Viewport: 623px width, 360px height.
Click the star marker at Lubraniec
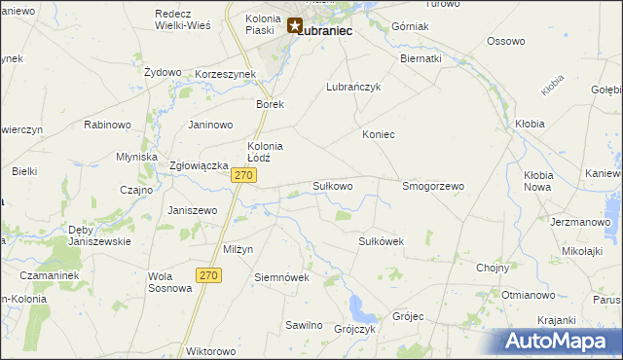click(294, 26)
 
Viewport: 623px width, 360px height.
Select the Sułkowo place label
click(332, 185)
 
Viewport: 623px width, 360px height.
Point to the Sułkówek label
click(382, 241)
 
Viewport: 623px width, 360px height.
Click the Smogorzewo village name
click(433, 185)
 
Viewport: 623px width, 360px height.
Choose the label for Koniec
click(379, 134)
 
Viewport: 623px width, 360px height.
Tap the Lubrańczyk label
click(352, 87)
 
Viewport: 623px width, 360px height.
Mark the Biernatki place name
click(421, 58)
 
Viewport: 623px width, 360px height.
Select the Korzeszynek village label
click(225, 74)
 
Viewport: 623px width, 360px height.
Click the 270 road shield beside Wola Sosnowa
click(207, 275)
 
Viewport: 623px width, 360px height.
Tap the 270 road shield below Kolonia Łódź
click(244, 175)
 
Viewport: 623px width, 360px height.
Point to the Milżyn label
click(238, 249)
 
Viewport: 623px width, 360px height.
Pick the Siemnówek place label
click(281, 276)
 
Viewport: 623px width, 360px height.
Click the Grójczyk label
click(355, 329)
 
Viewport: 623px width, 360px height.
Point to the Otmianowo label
click(528, 294)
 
